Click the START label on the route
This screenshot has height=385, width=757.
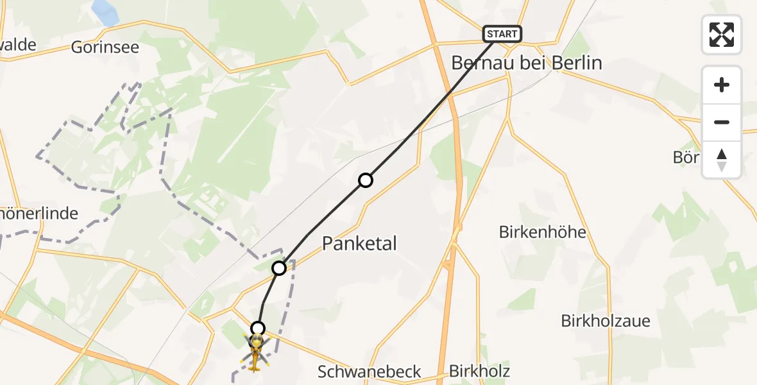point(502,33)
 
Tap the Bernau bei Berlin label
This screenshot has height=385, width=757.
point(527,63)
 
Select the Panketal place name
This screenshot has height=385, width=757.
point(359,243)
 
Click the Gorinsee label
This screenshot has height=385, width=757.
point(105,47)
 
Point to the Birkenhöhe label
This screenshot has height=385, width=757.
point(543,232)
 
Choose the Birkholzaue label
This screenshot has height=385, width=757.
point(606,321)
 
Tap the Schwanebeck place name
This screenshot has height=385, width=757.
point(370,371)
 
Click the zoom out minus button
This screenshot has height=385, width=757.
point(722,123)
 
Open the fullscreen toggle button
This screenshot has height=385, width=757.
point(722,34)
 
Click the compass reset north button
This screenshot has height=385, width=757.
point(722,159)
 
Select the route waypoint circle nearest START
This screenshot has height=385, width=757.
point(366,180)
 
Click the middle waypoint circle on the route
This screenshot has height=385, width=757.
point(279,268)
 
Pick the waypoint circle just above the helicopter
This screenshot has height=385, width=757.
point(257,329)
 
